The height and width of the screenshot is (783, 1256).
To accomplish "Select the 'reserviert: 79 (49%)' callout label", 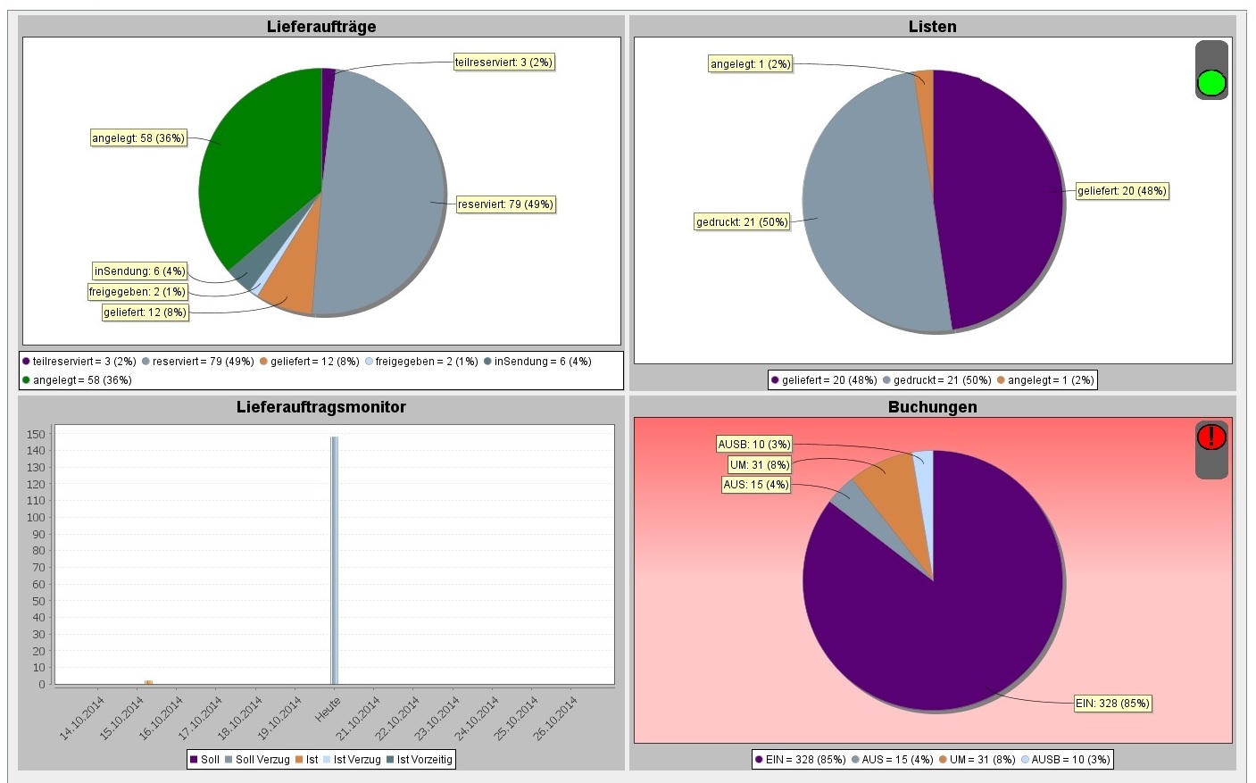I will click(x=505, y=204).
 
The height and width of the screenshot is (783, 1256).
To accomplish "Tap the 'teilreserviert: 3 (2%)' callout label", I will click(x=504, y=62).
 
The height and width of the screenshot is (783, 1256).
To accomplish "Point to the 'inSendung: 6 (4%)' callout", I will click(x=140, y=271).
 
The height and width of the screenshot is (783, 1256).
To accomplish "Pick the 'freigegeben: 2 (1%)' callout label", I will click(x=137, y=292).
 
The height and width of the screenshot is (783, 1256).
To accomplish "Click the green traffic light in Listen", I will click(x=1211, y=83).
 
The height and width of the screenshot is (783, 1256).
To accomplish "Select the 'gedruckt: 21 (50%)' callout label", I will click(x=742, y=221).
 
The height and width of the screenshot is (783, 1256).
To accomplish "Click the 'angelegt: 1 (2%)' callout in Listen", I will click(x=751, y=64).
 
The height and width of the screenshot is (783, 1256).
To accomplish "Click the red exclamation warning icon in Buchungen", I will click(x=1211, y=437).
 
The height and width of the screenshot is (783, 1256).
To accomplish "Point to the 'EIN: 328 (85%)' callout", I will click(x=1112, y=704).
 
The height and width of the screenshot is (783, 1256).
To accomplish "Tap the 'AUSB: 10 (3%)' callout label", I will click(x=754, y=445).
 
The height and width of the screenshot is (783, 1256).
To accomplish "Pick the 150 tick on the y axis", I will click(x=36, y=434).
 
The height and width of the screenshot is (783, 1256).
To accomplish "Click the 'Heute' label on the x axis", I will click(x=328, y=711).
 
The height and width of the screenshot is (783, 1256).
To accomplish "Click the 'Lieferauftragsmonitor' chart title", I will click(x=321, y=407).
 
